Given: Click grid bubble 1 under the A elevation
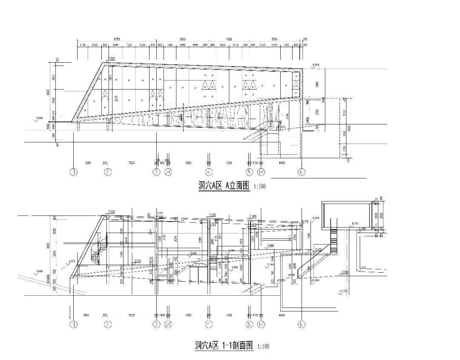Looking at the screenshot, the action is (75, 172).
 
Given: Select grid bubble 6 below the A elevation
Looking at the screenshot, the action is (302, 172).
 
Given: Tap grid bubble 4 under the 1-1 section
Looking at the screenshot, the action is (209, 325).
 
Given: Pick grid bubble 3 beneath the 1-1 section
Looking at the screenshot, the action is (156, 325).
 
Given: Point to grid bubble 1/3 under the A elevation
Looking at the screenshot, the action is (168, 172).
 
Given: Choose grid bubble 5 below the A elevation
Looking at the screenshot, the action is (250, 172).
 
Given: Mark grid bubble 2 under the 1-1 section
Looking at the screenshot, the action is (108, 325).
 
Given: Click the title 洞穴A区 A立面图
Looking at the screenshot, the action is (224, 186).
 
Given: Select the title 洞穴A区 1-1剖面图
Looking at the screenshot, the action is (224, 346).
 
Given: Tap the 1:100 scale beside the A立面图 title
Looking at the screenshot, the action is (260, 187).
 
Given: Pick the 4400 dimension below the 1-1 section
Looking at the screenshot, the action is (281, 315).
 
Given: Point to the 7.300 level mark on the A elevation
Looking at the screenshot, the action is (112, 58).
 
